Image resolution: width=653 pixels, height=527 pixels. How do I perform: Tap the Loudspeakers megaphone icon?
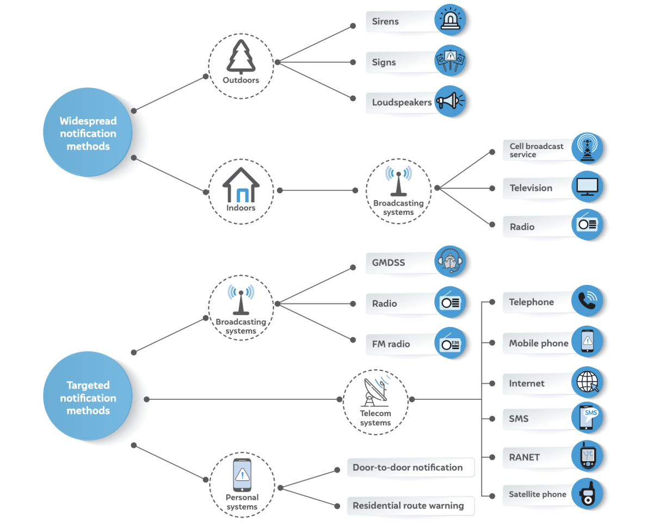450,102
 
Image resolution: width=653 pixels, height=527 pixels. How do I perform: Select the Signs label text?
384,63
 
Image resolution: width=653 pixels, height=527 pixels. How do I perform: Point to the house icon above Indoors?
241,185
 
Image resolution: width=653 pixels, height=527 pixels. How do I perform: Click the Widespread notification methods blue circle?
88,133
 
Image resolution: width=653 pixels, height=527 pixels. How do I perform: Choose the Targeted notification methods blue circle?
88,398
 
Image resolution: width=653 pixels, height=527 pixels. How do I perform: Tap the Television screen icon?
588,187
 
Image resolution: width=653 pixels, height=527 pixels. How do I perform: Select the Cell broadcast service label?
536,150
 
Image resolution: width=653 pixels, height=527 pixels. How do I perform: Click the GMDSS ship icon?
450,262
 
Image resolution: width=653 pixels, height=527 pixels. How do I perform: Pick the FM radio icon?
450,344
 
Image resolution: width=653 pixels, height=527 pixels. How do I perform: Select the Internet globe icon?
588,382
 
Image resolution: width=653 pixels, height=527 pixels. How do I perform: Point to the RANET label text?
524,457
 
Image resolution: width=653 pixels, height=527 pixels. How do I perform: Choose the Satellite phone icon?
588,494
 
